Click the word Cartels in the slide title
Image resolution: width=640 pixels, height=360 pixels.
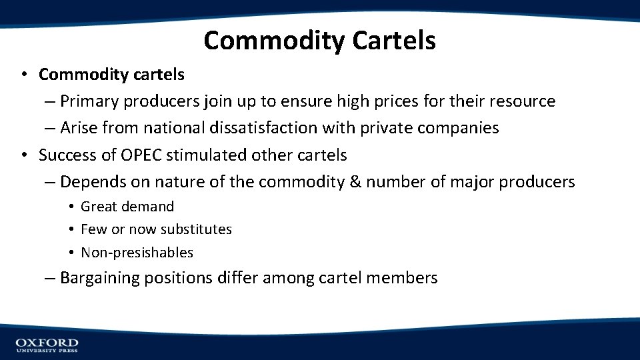coord(393,41)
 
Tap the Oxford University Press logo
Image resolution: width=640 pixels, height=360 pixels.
coord(47,344)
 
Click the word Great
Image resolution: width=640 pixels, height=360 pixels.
coord(99,207)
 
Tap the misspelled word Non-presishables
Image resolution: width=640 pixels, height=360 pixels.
coord(137,253)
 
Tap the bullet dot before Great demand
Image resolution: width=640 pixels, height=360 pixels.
coord(70,207)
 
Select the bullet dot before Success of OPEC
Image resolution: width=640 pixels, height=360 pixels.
coord(24,155)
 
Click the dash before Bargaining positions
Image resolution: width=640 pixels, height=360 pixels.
coord(51,278)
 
